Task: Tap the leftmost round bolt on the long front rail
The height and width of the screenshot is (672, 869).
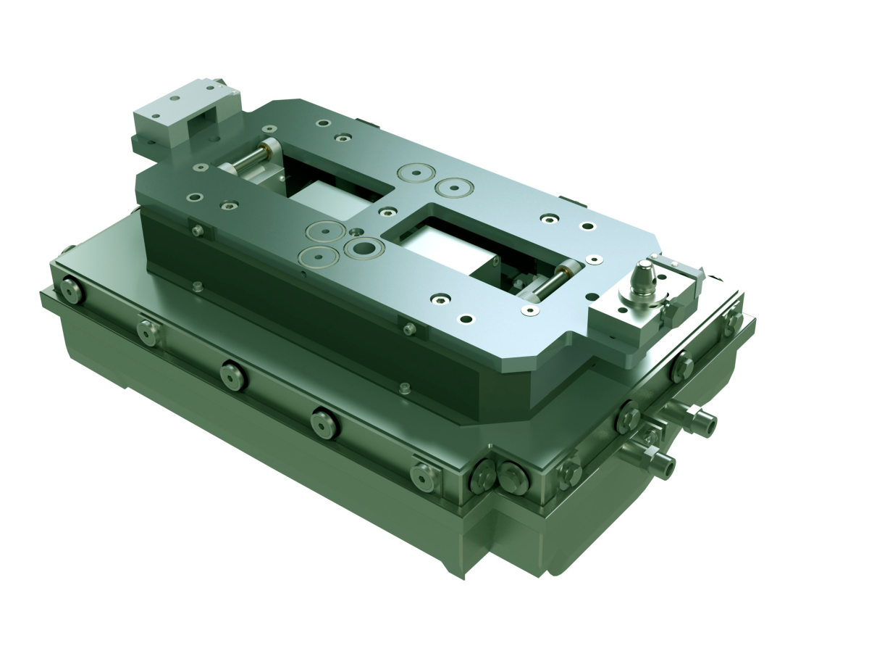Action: tap(70, 290)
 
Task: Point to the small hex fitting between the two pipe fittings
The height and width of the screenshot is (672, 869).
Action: tap(650, 435)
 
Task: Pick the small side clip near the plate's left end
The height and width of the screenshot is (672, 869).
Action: tap(197, 231)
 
